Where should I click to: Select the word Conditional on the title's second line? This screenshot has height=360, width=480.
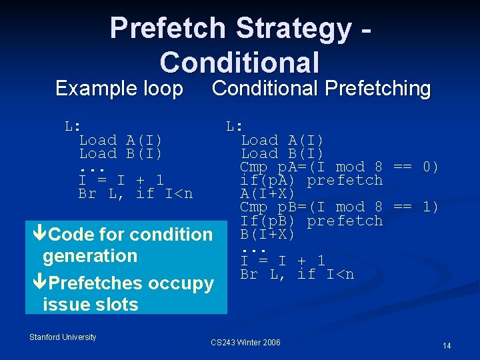239,62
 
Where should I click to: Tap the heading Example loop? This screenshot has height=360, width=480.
119,89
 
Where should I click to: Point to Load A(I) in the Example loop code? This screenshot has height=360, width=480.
121,140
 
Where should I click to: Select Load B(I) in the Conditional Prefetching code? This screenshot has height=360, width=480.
282,153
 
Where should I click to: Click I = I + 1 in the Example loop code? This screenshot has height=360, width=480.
121,180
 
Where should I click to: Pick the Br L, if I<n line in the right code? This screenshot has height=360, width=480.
297,274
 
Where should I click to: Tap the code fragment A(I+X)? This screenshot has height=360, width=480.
267,194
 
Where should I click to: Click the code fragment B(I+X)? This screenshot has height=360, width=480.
267,234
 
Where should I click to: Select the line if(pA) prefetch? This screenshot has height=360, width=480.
311,180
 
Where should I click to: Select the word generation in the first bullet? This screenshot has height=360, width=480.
89,255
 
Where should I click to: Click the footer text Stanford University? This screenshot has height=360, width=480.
63,337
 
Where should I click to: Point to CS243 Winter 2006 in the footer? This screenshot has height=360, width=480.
245,343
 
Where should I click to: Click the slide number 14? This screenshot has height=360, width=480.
447,345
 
